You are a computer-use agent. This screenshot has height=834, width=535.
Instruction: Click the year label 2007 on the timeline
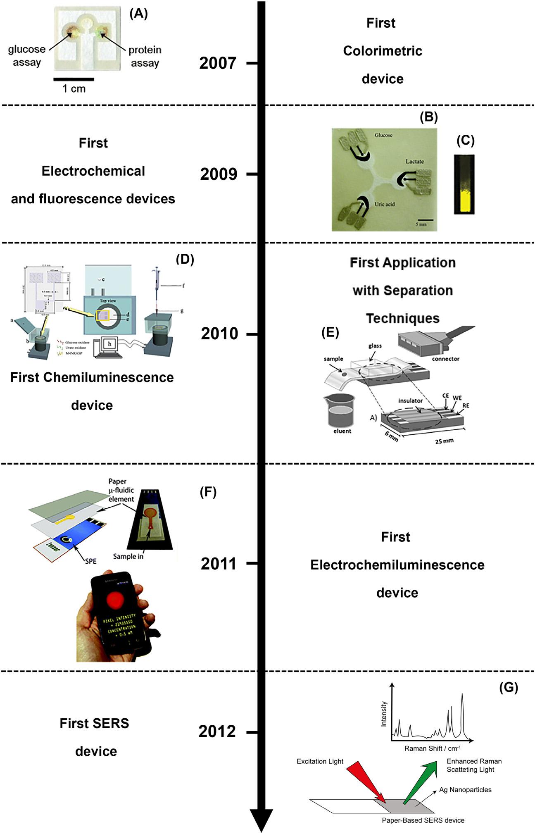click(x=218, y=63)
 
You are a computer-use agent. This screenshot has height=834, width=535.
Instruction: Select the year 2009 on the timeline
click(x=219, y=174)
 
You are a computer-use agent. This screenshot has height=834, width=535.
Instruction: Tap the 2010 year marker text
click(x=219, y=334)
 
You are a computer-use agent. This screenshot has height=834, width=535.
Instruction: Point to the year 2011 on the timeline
click(x=219, y=564)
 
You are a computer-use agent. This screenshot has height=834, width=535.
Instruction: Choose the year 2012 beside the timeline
click(x=217, y=732)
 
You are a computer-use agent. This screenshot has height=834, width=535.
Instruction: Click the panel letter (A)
click(x=138, y=14)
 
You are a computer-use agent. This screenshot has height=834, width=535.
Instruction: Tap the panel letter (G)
click(x=508, y=687)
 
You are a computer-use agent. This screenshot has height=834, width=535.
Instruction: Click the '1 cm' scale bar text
click(x=74, y=88)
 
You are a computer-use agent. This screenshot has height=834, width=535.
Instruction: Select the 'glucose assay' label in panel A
click(x=27, y=56)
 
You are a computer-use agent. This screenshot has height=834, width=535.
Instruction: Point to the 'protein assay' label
click(x=145, y=56)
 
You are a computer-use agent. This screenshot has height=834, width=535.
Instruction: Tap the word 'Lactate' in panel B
click(x=414, y=162)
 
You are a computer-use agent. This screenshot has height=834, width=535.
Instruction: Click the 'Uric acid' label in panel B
click(x=384, y=204)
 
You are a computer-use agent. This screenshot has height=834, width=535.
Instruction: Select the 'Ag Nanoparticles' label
click(x=465, y=790)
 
